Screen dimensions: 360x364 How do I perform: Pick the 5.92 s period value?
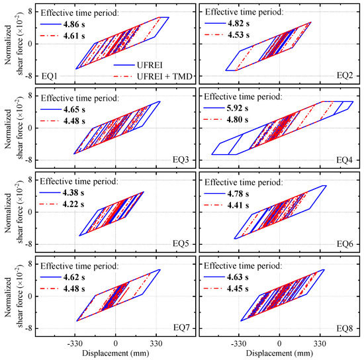250,109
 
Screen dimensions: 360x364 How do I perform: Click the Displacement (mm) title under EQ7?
116,353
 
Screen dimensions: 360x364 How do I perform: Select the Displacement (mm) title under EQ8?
279,353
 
